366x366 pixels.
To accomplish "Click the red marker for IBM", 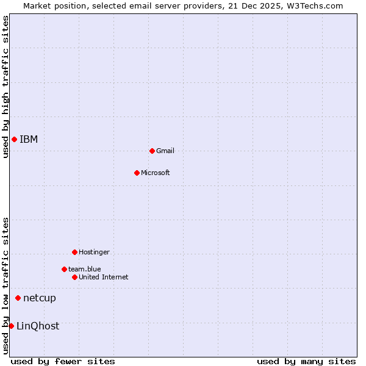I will pos(14,140).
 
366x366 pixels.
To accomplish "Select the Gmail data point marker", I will pos(152,151).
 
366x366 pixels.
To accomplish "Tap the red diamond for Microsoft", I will pos(137,173).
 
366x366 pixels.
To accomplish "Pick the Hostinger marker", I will pos(74,252).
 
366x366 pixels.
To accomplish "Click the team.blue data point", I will pos(64,269).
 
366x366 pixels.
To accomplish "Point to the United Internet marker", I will pos(74,277).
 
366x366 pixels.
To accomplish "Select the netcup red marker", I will pos(18,298).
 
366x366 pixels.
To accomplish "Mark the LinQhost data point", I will pos(11,326).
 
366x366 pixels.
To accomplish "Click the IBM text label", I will pos(29,140).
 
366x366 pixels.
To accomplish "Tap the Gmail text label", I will pos(165,151).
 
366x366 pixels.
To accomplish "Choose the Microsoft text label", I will pos(156,173).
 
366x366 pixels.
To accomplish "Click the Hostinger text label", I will pos(94,253).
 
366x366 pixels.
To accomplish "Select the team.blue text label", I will pos(85,269).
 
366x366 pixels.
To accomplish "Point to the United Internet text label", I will pos(104,278).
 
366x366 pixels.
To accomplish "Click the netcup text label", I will pos(40,298).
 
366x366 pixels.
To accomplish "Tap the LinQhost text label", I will pos(38,326).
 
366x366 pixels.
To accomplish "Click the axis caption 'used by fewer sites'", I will pos(63,362).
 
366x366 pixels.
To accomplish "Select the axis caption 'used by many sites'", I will pos(306,362).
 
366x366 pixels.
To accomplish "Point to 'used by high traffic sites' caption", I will pos(6,87).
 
